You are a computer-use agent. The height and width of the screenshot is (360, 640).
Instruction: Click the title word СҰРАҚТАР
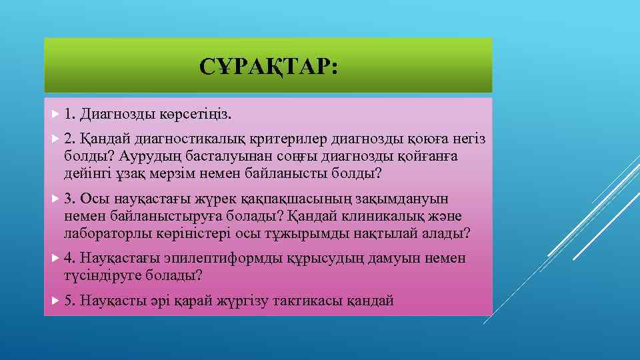tap(268, 66)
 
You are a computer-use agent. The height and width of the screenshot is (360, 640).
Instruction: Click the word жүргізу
tap(241, 301)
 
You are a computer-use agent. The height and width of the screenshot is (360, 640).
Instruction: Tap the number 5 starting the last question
tap(69, 301)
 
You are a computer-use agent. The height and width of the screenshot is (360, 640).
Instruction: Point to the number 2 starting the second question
tap(69, 139)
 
